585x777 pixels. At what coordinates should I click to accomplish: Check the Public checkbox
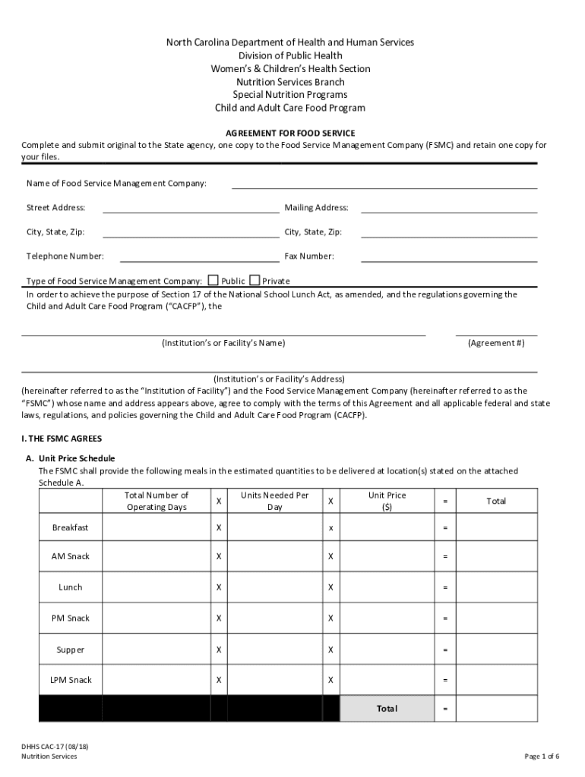click(x=213, y=280)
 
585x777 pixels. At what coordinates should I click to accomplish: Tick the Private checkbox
click(x=254, y=280)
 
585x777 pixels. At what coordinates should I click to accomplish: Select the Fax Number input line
click(x=448, y=256)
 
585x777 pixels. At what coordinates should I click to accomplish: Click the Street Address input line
click(x=191, y=207)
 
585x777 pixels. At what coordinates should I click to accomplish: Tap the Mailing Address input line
click(x=448, y=207)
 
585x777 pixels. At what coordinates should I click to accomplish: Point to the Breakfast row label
click(x=70, y=527)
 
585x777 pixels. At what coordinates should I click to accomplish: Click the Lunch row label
click(x=70, y=587)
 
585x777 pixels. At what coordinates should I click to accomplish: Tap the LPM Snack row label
click(x=70, y=680)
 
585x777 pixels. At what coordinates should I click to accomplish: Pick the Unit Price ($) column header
click(x=387, y=501)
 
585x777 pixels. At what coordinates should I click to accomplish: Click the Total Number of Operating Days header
click(x=156, y=501)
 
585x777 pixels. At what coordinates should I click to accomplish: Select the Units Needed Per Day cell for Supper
click(x=274, y=650)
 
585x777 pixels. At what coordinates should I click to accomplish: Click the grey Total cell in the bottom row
click(x=386, y=709)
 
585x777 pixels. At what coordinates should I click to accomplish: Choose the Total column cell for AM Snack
click(x=496, y=557)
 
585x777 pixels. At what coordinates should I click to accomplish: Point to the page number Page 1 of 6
click(x=542, y=756)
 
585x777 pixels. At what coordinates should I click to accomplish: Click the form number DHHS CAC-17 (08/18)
click(x=59, y=747)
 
